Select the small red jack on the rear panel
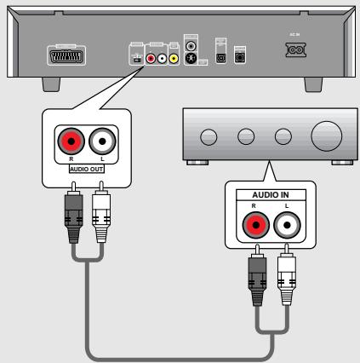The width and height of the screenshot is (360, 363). [x=151, y=60]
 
